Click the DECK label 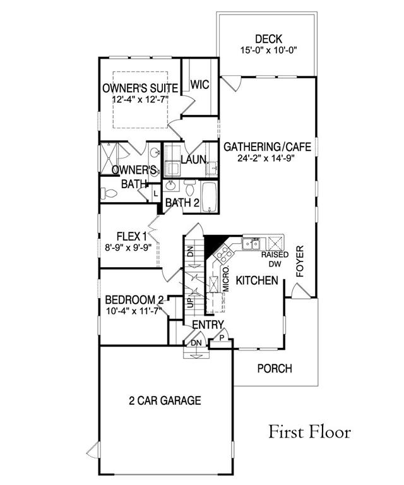point(268,39)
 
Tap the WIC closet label point(199,85)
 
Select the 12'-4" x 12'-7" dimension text point(140,100)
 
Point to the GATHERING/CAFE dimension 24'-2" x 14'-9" point(266,158)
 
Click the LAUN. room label point(194,160)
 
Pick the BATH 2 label point(182,203)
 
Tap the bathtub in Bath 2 point(210,197)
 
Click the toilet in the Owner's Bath point(109,194)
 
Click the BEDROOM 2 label point(134,300)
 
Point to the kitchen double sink point(251,244)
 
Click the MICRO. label point(225,278)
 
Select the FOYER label point(299,261)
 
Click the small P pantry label point(222,338)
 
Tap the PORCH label point(275,369)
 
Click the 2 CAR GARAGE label point(165,400)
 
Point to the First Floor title point(309,432)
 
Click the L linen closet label point(155,195)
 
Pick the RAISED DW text point(275,259)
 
